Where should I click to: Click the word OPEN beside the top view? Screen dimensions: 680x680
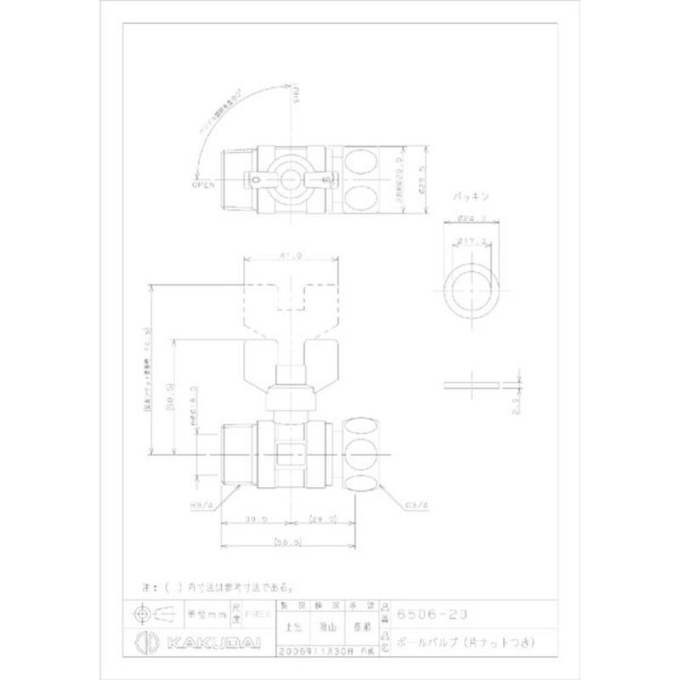(203, 182)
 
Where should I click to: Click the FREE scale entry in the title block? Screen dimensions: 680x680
(252, 614)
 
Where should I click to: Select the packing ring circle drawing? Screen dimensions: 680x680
(472, 289)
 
